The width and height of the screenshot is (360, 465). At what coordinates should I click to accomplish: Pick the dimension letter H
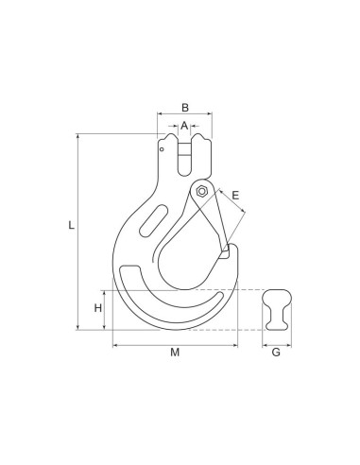click(x=97, y=308)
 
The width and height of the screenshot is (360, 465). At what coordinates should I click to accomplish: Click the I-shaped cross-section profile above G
click(x=275, y=308)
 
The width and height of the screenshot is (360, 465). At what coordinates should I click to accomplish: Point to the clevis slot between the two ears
click(x=184, y=156)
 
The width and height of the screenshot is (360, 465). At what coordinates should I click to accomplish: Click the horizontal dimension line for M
click(x=142, y=344)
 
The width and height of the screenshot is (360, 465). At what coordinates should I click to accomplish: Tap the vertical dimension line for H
click(x=107, y=321)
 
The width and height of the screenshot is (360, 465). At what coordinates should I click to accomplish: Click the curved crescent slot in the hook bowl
click(x=175, y=303)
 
